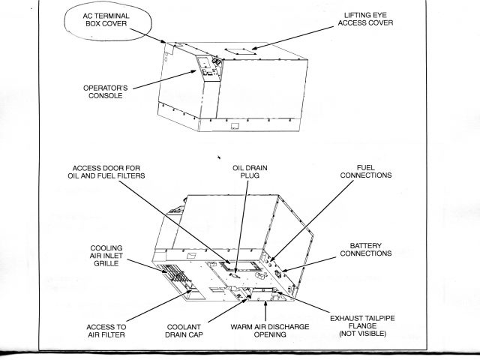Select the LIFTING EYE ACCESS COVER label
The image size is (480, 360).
367,19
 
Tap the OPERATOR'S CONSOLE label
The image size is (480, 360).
106,91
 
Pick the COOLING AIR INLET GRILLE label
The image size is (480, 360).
106,256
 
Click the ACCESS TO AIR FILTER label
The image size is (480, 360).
106,331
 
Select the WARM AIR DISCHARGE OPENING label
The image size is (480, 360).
268,331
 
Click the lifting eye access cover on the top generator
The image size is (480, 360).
240,53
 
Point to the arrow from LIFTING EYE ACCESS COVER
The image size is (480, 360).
296,38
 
